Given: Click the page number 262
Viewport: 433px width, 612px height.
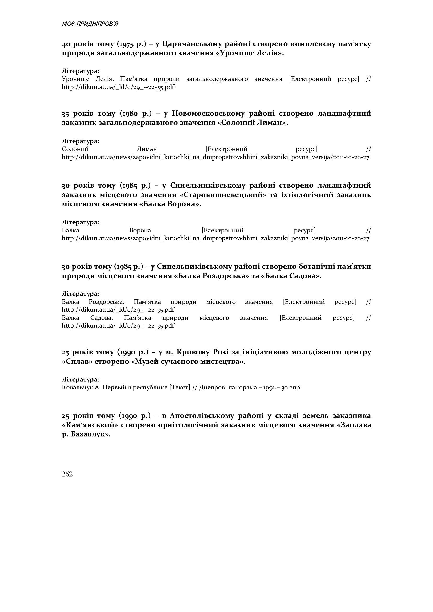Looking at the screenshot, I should [67, 474].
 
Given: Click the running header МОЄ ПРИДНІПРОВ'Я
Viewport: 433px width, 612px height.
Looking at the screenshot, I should [90, 24].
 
